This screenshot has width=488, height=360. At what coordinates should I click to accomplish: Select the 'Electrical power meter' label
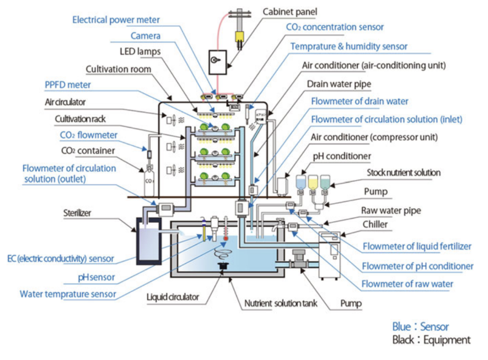pyautogui.click(x=116, y=20)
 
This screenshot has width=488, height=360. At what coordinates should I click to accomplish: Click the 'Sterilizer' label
pyautogui.click(x=77, y=211)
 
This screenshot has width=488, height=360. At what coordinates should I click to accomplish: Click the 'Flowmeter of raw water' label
pyautogui.click(x=407, y=283)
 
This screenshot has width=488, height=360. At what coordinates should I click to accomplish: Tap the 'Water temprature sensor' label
pyautogui.click(x=67, y=294)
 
